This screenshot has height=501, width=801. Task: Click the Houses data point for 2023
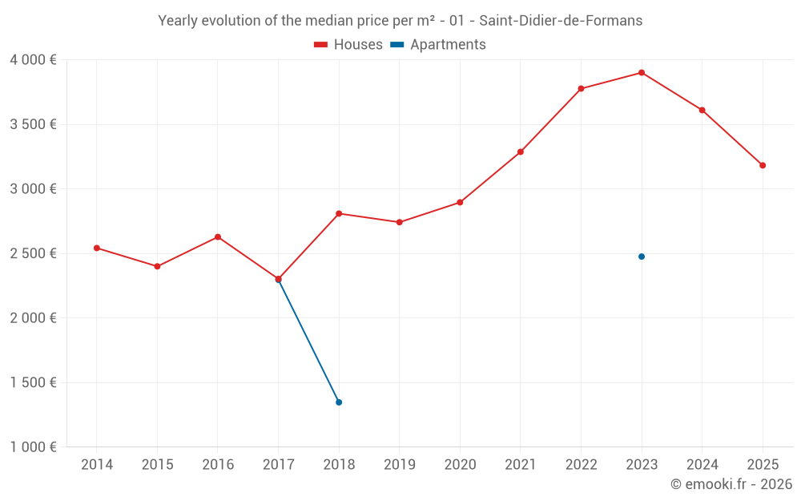[642, 73]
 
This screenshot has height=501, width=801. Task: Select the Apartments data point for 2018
[339, 402]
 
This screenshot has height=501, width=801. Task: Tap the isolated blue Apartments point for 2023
[642, 257]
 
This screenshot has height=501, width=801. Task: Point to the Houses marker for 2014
[97, 248]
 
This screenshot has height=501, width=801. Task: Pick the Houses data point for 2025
[763, 165]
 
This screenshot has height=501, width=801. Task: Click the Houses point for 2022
[581, 89]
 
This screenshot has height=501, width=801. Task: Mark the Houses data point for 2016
[218, 237]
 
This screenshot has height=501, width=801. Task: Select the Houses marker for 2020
[460, 202]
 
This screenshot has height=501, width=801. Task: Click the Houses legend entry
[348, 45]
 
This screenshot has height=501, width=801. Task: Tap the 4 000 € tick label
[33, 60]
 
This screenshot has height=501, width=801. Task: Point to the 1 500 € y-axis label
[33, 382]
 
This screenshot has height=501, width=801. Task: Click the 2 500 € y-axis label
[33, 253]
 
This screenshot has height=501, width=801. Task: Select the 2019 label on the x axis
[399, 465]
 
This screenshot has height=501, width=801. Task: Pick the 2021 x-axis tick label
[520, 465]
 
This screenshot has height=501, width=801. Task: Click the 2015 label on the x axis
[157, 465]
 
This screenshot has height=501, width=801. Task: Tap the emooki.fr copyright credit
[731, 484]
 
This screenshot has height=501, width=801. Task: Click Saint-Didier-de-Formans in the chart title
[563, 21]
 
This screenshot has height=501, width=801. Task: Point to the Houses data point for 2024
[702, 110]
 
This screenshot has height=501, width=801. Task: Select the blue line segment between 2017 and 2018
[308, 341]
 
